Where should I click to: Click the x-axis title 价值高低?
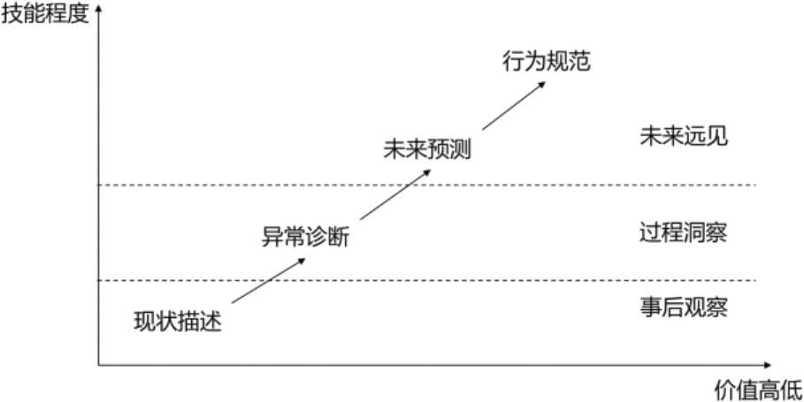click(x=757, y=389)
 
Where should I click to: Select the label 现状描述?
click(x=177, y=321)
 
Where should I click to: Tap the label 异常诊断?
click(x=305, y=236)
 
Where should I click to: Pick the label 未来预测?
click(x=427, y=148)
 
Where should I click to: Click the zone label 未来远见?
click(x=683, y=137)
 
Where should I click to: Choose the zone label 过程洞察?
click(x=683, y=231)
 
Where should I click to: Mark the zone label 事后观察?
click(x=683, y=307)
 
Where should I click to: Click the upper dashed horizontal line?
click(x=425, y=185)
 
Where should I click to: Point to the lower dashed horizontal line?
click(x=425, y=280)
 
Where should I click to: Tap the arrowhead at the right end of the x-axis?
click(x=772, y=364)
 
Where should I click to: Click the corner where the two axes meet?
click(x=98, y=364)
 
